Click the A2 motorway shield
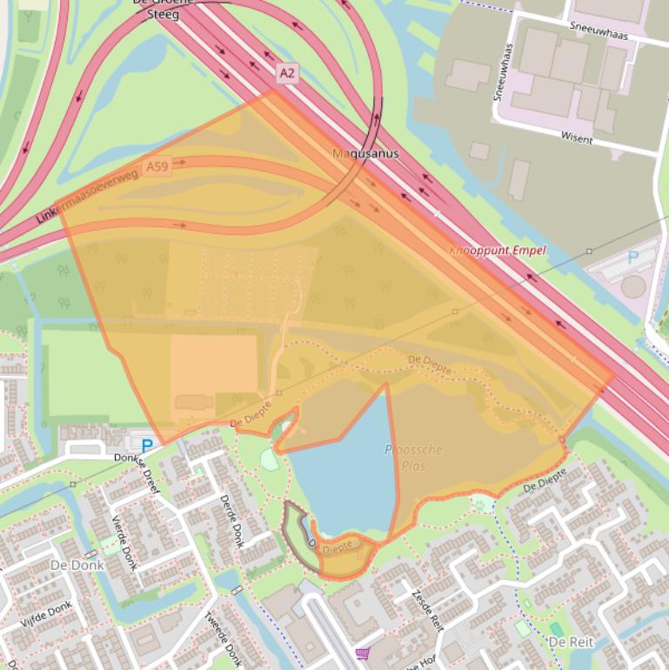click(287, 72)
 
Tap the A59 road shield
click(157, 165)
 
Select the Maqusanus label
click(365, 154)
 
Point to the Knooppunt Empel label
click(498, 251)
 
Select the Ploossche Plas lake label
click(413, 457)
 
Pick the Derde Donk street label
click(231, 521)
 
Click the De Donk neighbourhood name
click(77, 565)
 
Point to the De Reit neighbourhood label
click(570, 641)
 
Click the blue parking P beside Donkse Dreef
click(147, 446)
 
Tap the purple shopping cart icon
click(362, 653)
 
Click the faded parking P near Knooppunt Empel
click(633, 258)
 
